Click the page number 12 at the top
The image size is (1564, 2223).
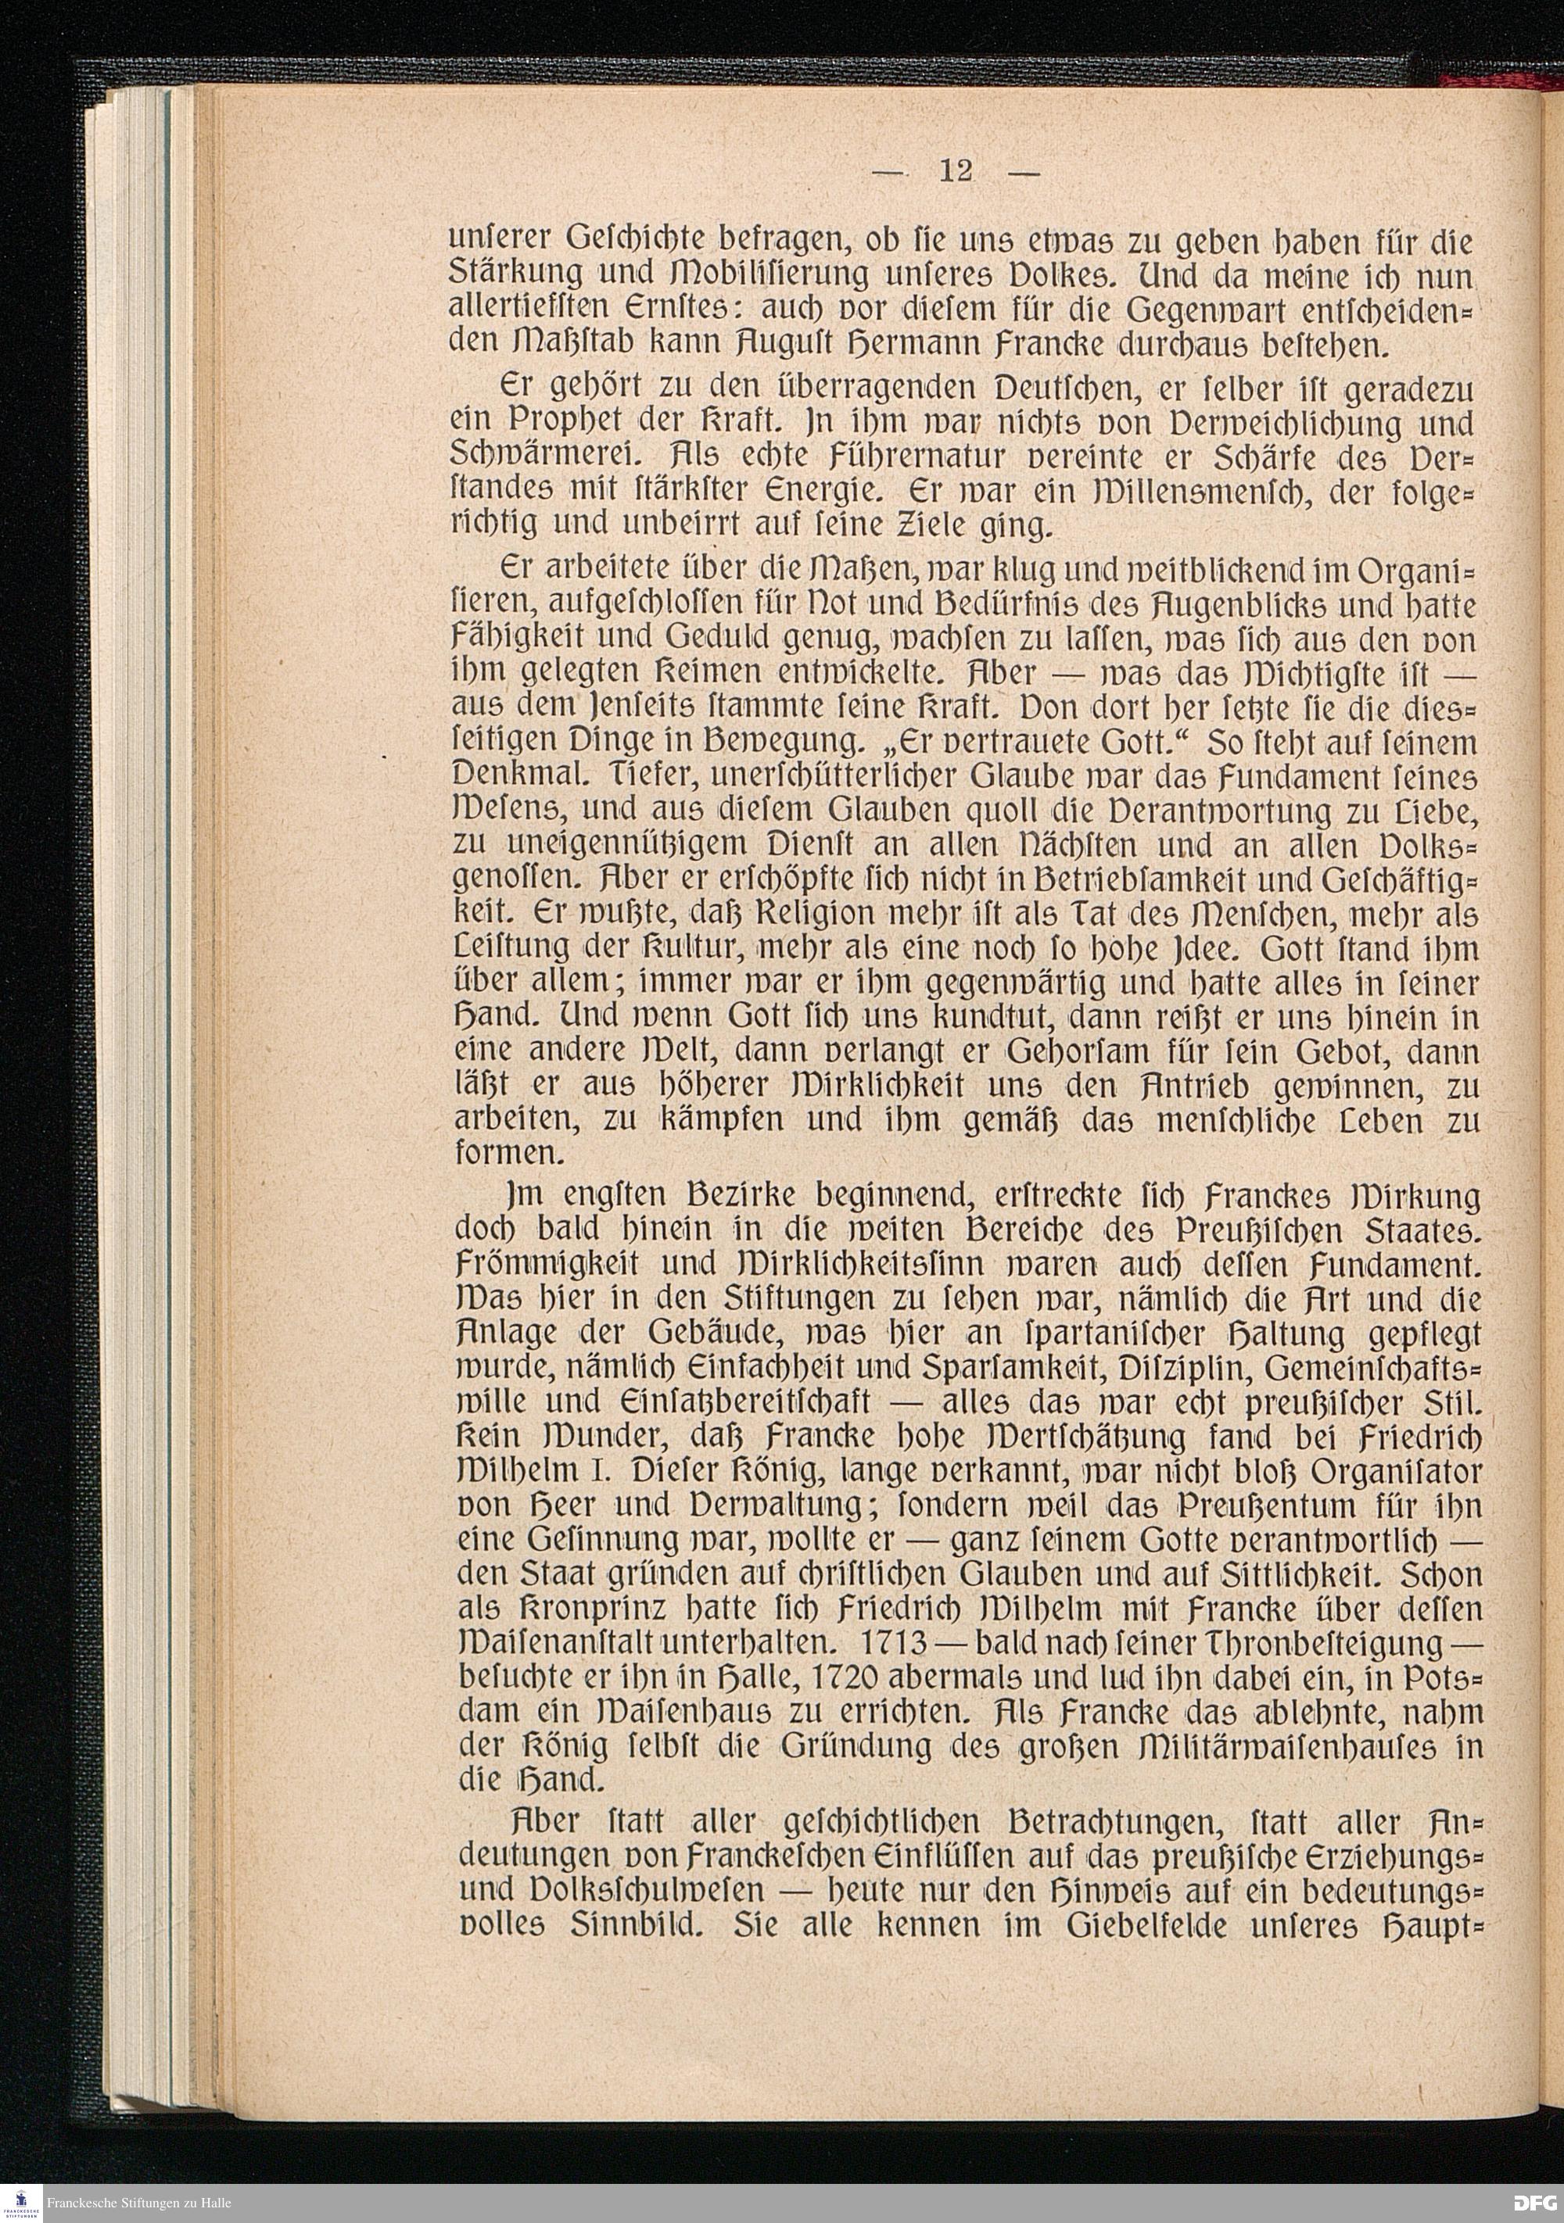955,171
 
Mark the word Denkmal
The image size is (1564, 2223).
524,776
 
